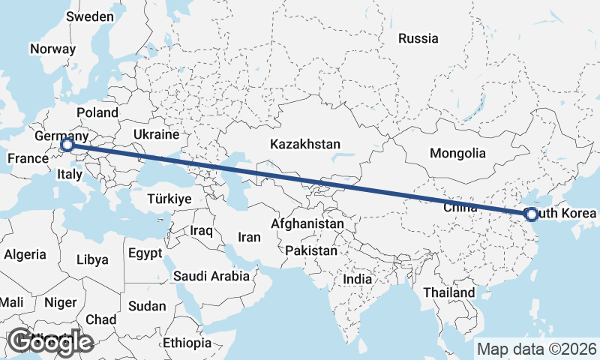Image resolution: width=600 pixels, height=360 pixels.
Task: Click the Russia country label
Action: [418, 38]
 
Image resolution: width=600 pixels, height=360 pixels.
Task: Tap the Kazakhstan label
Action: [306, 143]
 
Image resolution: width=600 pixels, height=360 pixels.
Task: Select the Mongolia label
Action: [457, 153]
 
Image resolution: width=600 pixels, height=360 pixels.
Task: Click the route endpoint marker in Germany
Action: [67, 144]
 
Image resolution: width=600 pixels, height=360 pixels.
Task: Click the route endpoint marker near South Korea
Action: [532, 214]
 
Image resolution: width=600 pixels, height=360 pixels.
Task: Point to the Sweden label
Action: [90, 16]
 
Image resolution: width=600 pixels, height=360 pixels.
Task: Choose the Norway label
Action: [52, 49]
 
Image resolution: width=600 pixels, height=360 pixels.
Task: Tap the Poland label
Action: [97, 112]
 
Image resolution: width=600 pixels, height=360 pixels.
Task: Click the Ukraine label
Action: [156, 134]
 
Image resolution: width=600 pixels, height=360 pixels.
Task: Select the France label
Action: [28, 158]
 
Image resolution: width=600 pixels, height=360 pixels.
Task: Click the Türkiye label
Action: [169, 199]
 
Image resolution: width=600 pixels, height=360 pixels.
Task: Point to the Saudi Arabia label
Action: [211, 276]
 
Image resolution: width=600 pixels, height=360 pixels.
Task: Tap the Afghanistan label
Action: [307, 223]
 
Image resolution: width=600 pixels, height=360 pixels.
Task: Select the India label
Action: [358, 279]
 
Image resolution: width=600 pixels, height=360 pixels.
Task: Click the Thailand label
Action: [448, 292]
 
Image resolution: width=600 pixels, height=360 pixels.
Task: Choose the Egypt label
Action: [145, 253]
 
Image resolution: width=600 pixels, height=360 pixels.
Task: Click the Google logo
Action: [51, 341]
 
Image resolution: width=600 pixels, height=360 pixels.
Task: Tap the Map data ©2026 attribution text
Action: [537, 349]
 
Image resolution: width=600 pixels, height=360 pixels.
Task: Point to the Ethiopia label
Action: [187, 343]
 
